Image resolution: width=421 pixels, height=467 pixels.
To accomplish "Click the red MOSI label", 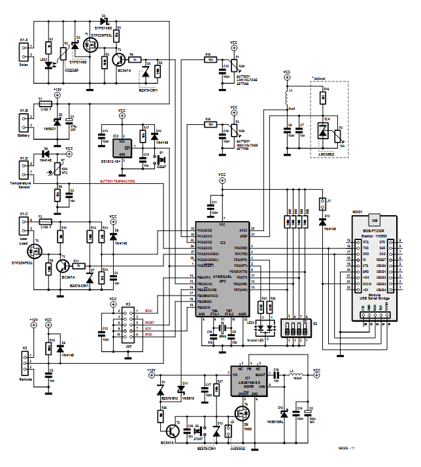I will [x=148, y=310].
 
